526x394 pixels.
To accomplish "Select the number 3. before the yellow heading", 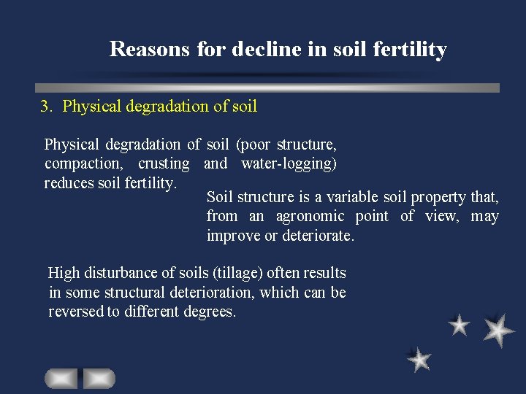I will (47, 107).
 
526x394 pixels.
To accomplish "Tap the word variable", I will (354, 198).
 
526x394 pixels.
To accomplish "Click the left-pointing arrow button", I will (61, 379).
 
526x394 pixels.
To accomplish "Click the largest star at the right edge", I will (499, 330).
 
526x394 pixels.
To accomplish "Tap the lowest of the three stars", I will (419, 359).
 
